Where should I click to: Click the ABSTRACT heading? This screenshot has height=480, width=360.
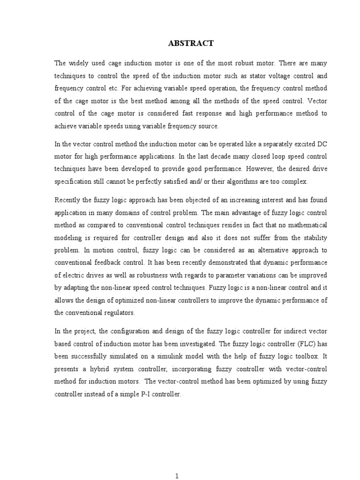tap(190, 44)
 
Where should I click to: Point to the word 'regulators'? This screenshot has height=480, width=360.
tap(120, 312)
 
